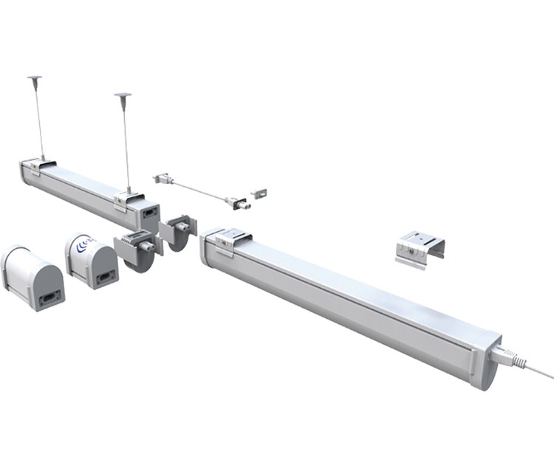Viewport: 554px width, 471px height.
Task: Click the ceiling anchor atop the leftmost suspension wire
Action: [35, 77]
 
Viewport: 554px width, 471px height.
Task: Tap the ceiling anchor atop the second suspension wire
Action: [123, 95]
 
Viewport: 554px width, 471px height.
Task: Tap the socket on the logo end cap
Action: [105, 278]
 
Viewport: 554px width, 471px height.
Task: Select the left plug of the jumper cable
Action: [163, 179]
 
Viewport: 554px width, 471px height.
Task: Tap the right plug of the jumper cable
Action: [237, 201]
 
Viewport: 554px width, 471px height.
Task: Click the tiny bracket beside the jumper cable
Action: [258, 193]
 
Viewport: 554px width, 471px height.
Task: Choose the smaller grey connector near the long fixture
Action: [178, 230]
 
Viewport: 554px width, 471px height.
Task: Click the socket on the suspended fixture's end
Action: [148, 213]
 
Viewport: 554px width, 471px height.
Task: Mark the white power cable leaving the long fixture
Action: [536, 369]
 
